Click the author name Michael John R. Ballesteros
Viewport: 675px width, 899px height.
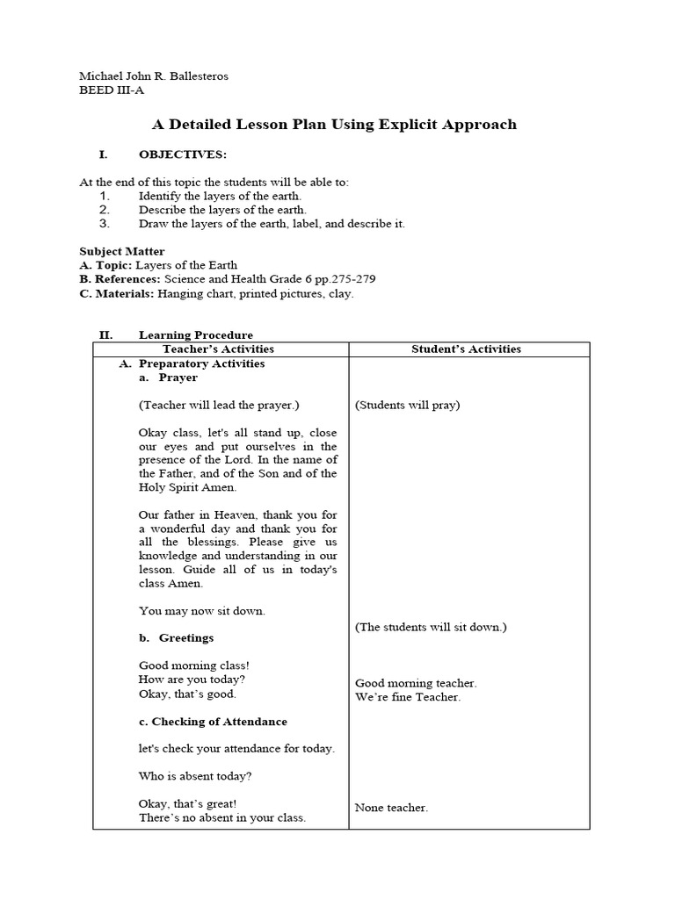coord(154,76)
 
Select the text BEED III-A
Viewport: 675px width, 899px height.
coord(110,90)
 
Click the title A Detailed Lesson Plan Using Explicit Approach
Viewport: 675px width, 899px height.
coord(335,125)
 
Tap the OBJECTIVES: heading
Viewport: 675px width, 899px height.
coord(182,155)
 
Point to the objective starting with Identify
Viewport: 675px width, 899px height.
coord(219,196)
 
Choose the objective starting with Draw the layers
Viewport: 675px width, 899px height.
coord(272,224)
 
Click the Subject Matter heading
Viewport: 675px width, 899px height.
coord(122,251)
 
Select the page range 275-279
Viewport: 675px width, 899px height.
coord(351,279)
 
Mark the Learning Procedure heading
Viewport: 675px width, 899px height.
coord(195,334)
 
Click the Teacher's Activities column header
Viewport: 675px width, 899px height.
coord(220,349)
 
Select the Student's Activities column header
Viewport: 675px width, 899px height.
coord(466,349)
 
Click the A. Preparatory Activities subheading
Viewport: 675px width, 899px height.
coord(201,363)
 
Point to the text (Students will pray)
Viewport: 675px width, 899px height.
coord(408,405)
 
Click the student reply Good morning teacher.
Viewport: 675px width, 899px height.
coord(416,683)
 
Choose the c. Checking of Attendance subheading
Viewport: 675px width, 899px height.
coord(213,722)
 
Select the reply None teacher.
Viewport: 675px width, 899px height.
coord(391,808)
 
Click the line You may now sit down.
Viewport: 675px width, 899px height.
coord(201,610)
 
